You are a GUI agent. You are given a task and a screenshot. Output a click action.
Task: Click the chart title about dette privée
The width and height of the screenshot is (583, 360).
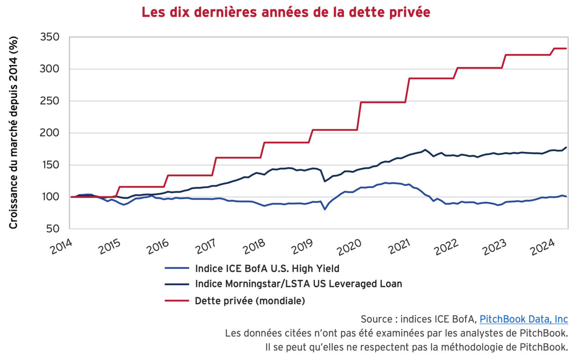click(x=286, y=12)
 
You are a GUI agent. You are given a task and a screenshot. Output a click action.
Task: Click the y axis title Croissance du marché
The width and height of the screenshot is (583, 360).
click(x=13, y=133)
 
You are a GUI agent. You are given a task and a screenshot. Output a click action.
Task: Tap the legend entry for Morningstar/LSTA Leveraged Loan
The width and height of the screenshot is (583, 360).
click(x=298, y=284)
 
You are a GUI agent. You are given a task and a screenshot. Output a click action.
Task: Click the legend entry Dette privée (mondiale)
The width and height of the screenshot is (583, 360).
click(x=250, y=300)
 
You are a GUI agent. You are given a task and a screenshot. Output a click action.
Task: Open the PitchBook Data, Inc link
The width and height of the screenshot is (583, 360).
click(x=523, y=319)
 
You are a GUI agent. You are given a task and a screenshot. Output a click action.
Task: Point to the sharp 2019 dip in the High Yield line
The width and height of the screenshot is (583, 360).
click(x=324, y=209)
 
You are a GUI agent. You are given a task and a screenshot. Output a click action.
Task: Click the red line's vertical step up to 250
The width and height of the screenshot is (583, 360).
click(x=360, y=116)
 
